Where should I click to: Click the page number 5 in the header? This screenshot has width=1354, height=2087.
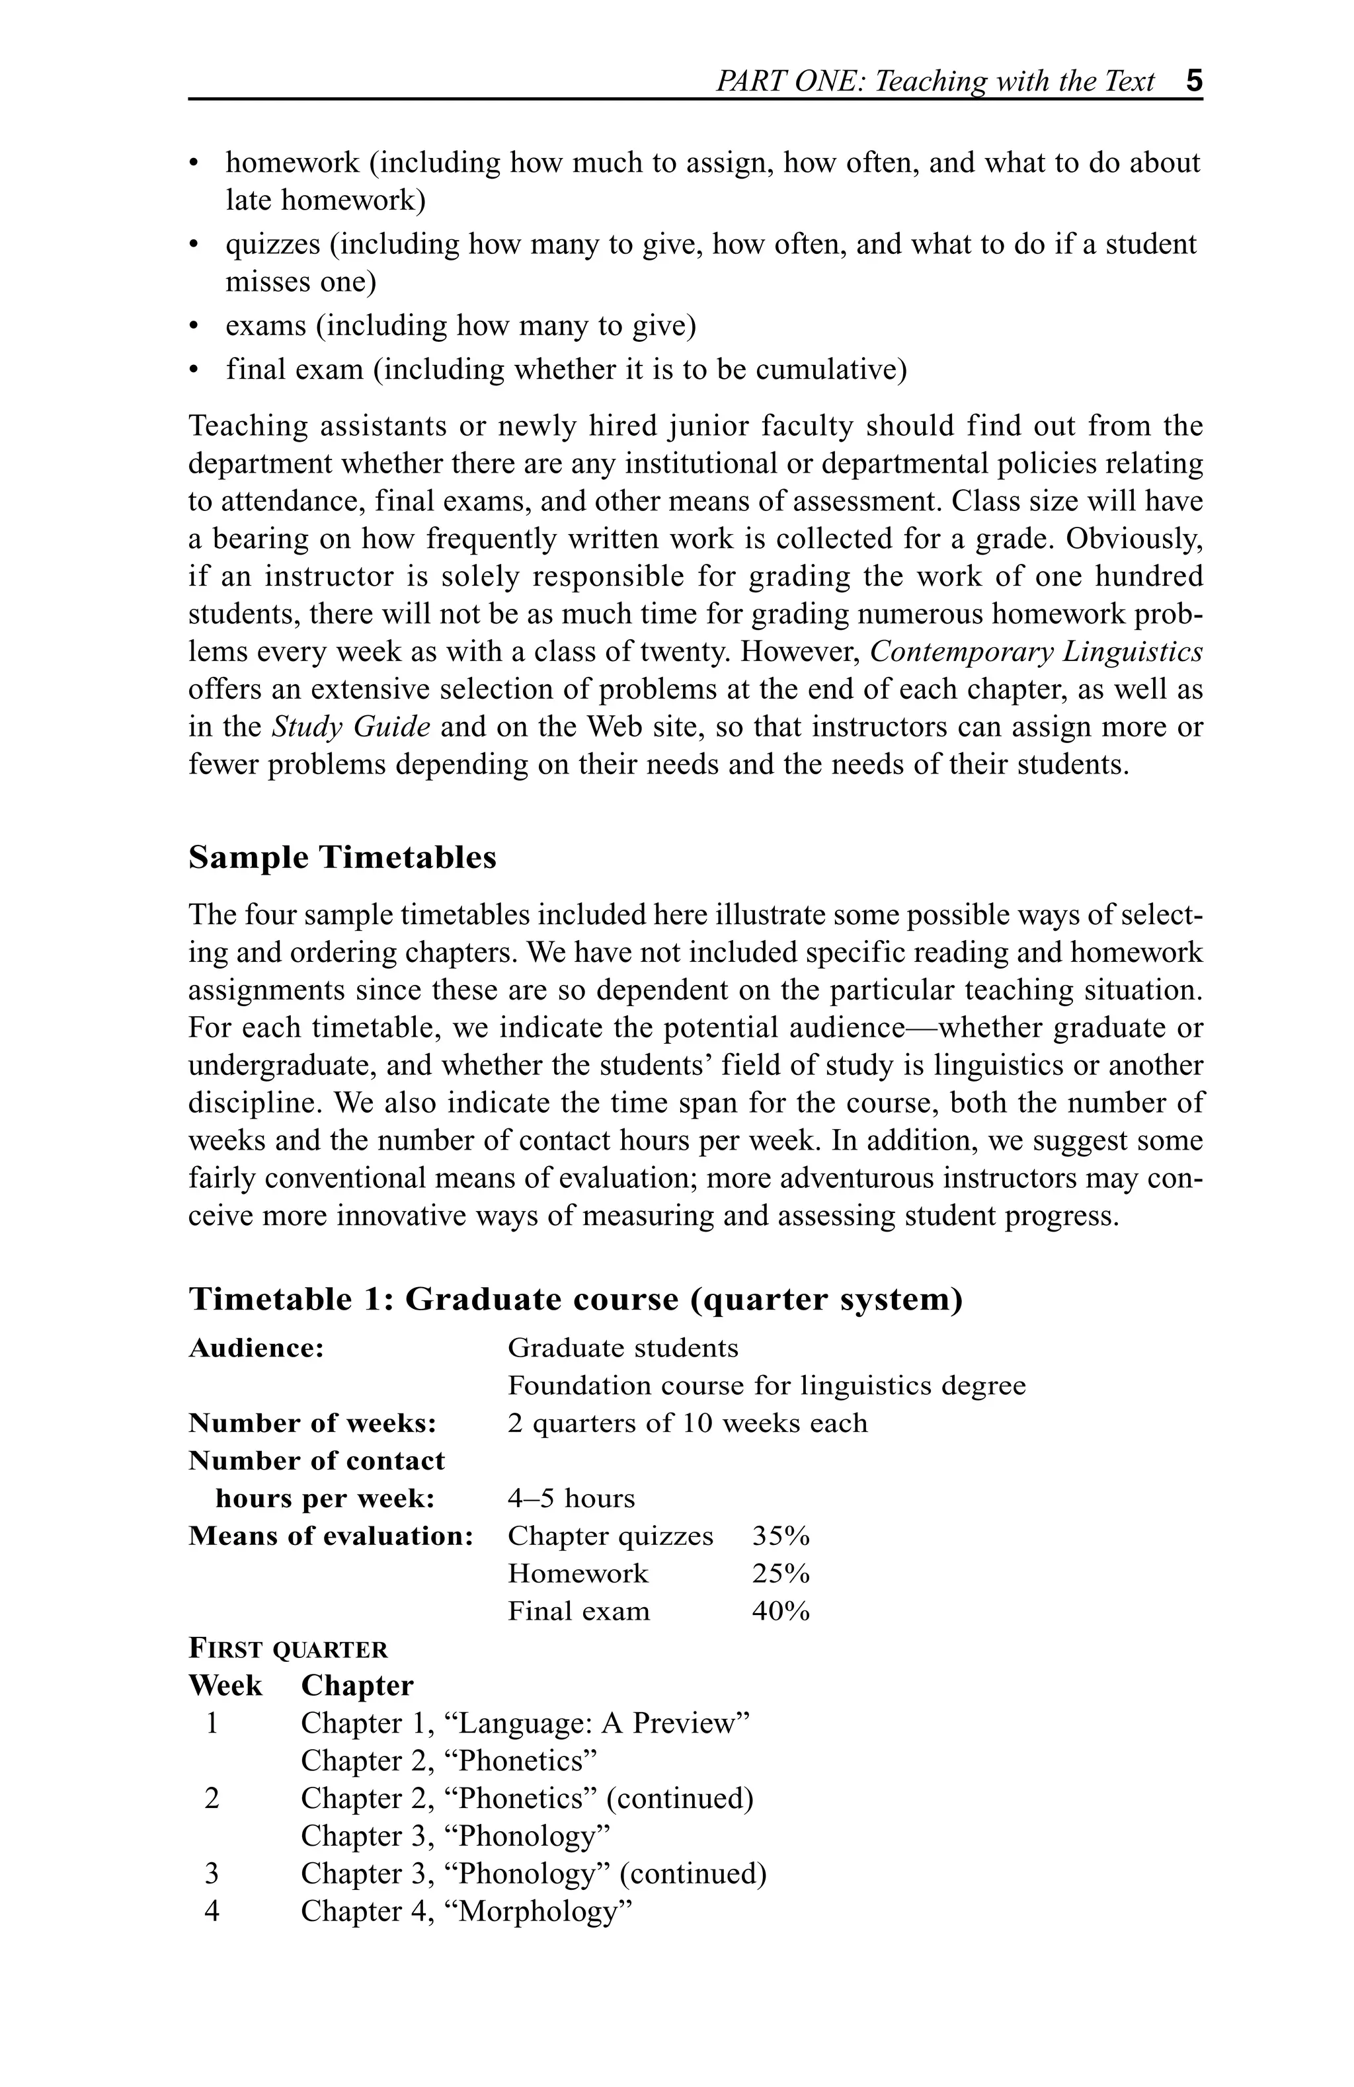[1193, 81]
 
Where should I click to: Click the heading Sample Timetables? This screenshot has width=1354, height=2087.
[342, 857]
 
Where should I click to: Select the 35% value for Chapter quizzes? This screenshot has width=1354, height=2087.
[779, 1536]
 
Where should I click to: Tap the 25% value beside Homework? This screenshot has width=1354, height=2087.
[779, 1573]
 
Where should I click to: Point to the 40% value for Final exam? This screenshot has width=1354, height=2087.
[779, 1611]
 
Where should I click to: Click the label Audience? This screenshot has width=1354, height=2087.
[256, 1348]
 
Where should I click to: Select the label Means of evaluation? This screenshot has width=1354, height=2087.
[331, 1536]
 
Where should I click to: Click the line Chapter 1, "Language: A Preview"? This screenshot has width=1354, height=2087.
[524, 1723]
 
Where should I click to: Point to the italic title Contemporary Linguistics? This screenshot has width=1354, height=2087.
[1036, 652]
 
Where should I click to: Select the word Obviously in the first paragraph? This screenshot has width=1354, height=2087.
[1132, 538]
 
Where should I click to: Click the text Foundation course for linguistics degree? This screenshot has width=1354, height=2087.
[766, 1386]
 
